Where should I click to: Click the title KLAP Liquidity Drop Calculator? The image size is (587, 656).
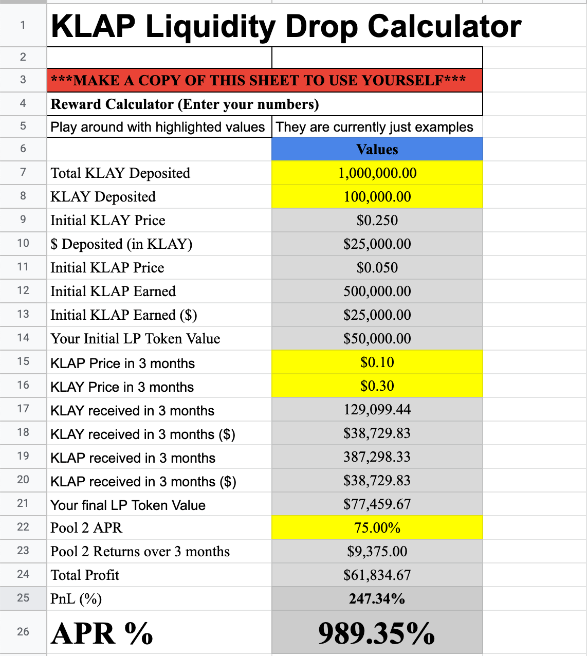coord(286,27)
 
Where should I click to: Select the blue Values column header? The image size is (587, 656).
coord(377,150)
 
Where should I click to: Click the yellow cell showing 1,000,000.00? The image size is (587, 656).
coord(377,173)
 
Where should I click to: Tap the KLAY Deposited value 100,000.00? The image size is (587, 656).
coord(377,197)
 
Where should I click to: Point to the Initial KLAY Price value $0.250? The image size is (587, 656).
coord(377,221)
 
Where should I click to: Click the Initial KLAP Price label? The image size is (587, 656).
coord(107,268)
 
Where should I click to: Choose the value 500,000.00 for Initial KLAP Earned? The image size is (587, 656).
coord(377,291)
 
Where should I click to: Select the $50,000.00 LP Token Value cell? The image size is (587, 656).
coord(377,339)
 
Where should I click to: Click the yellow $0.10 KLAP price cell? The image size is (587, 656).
coord(377,362)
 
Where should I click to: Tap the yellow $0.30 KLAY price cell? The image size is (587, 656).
coord(377,386)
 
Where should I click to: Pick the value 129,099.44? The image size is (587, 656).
coord(377,410)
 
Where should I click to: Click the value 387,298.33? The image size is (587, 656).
coord(377,457)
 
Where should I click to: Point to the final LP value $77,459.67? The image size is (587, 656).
coord(377,504)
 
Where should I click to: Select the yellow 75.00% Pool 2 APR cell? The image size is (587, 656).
coord(377,528)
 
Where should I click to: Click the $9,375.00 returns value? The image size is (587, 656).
coord(377,552)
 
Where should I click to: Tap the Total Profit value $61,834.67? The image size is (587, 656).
coord(377,575)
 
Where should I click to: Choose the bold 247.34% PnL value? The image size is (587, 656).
coord(377,599)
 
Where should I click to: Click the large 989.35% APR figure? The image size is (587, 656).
coord(377,633)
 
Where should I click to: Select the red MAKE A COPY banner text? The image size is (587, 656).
coord(259,81)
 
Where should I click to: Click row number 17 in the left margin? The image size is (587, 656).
coord(23,409)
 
